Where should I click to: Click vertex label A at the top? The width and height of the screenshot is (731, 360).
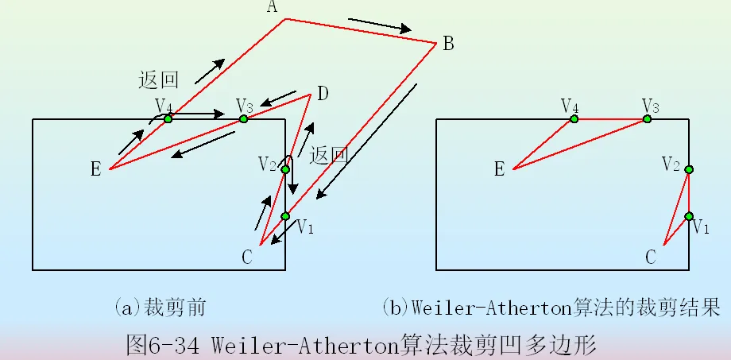[x=273, y=7]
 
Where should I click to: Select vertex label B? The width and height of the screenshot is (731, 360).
[x=448, y=44]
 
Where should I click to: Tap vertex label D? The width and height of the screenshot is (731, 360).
[x=323, y=95]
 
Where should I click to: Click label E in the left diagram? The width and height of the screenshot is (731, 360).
[x=95, y=168]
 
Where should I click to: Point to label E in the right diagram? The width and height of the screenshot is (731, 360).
[x=499, y=168]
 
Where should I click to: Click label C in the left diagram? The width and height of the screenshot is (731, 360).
[x=248, y=255]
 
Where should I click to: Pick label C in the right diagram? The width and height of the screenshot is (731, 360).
[x=651, y=256]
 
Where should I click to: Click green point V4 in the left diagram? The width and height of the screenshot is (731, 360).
[x=168, y=119]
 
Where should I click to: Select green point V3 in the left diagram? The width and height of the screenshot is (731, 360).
[x=244, y=119]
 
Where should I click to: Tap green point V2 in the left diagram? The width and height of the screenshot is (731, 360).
[x=285, y=169]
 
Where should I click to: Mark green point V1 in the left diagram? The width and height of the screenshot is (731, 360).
[x=285, y=216]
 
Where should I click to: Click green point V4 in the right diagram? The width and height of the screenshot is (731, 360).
[x=574, y=119]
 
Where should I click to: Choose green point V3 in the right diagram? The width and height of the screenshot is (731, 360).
[x=648, y=119]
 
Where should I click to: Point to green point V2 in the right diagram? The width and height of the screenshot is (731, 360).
[x=689, y=169]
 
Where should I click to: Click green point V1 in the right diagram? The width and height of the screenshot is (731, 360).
[x=689, y=216]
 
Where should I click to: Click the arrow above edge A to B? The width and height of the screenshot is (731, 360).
[x=380, y=25]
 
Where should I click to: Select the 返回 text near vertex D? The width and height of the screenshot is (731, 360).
[x=330, y=155]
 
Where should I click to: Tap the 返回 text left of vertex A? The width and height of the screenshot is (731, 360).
[x=158, y=79]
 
